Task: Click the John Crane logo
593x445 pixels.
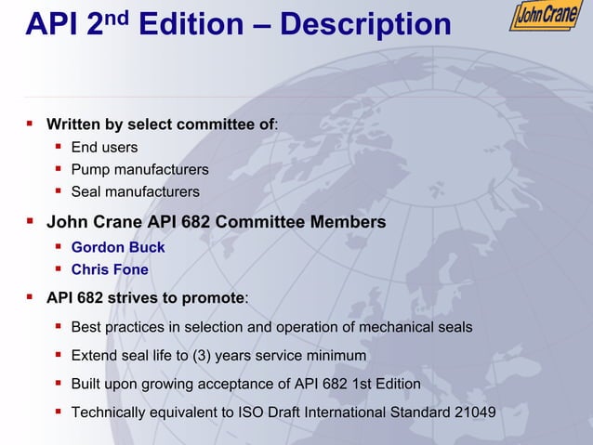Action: (x=546, y=18)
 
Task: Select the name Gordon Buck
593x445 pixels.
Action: (x=118, y=247)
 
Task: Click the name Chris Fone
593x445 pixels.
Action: (x=110, y=270)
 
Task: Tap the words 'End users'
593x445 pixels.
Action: (x=104, y=147)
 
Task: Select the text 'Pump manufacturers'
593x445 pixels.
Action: (x=139, y=169)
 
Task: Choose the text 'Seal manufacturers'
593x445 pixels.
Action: (x=135, y=192)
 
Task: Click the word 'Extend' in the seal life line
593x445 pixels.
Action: (x=93, y=356)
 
